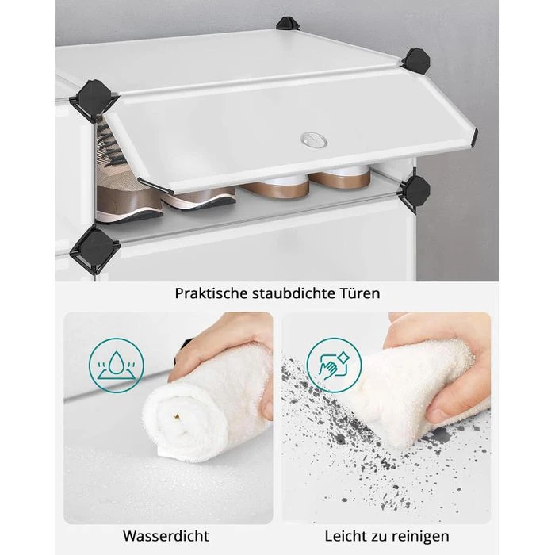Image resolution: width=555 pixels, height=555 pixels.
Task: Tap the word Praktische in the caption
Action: pyautogui.click(x=211, y=293)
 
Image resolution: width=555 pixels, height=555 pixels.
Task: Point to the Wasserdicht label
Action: pyautogui.click(x=166, y=536)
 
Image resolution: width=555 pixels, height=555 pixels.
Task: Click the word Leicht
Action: pyautogui.click(x=346, y=536)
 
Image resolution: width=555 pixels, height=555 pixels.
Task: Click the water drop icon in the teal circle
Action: pyautogui.click(x=117, y=366)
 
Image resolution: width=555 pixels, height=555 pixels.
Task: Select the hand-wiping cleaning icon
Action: pyautogui.click(x=334, y=366)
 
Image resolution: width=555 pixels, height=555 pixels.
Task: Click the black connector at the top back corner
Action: pyautogui.click(x=288, y=24)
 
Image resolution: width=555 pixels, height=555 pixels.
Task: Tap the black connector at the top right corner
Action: pyautogui.click(x=416, y=61)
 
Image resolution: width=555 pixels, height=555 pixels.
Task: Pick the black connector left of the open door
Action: pyautogui.click(x=93, y=99)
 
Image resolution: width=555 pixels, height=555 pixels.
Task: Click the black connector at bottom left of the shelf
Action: pyautogui.click(x=94, y=247)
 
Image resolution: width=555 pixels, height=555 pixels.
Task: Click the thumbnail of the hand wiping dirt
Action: pyautogui.click(x=386, y=418)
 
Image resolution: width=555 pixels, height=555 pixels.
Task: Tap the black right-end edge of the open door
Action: pyautogui.click(x=474, y=139)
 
